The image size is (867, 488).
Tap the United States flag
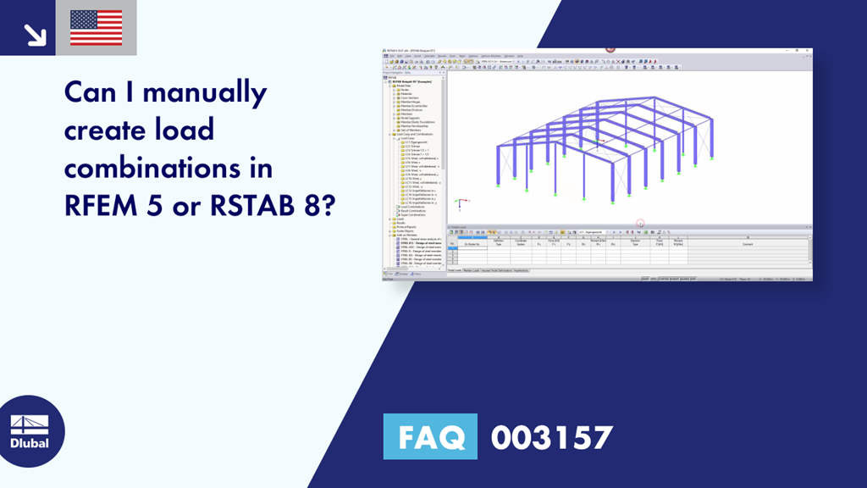[96, 28]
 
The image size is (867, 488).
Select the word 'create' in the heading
[104, 131]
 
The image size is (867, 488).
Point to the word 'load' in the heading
[183, 131]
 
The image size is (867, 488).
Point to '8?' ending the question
[319, 206]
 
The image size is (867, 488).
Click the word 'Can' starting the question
[92, 92]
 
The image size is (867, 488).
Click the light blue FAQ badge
[430, 437]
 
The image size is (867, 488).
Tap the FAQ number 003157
[551, 437]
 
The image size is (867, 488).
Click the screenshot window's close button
[808, 50]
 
